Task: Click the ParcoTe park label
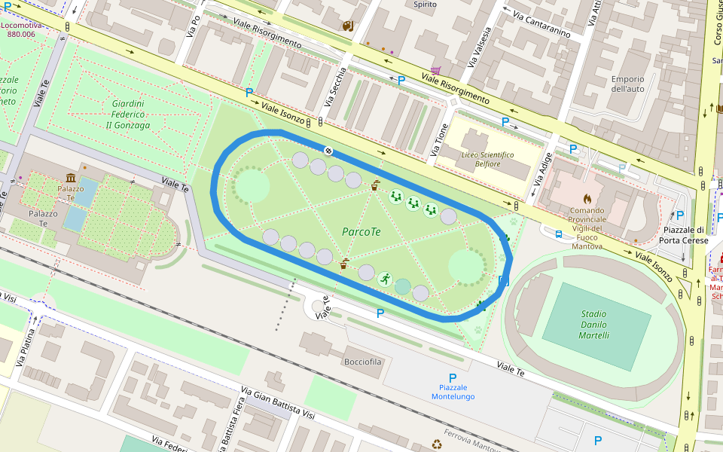pos(361,231)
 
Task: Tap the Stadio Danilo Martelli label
pos(594,325)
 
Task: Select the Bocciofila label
pos(363,362)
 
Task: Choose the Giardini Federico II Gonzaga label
pos(128,115)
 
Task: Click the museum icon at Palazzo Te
pos(71,178)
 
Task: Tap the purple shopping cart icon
pos(435,70)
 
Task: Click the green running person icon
pos(385,279)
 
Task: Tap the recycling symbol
pos(436,444)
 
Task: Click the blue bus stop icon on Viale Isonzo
pos(558,234)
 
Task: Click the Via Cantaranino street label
pos(541,24)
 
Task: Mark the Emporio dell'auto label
pos(627,84)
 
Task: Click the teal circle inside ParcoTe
pos(403,286)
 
